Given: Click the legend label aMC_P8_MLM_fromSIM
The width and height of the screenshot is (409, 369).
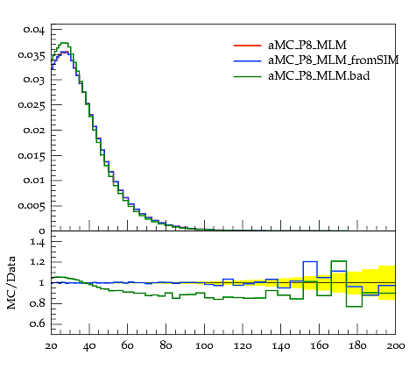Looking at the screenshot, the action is (x=333, y=60).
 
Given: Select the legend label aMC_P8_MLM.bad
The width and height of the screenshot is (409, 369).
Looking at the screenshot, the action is (x=319, y=75).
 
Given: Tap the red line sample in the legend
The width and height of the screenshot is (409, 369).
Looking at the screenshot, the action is (x=247, y=46).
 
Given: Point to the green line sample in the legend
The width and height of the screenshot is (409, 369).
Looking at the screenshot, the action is (x=247, y=76).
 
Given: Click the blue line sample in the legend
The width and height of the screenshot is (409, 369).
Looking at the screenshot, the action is (x=247, y=60).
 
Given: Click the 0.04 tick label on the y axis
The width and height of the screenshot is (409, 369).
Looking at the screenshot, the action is (x=34, y=31).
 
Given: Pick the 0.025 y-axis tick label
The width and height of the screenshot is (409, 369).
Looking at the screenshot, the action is (x=32, y=105).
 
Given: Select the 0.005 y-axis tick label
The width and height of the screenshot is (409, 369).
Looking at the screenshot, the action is (x=32, y=206).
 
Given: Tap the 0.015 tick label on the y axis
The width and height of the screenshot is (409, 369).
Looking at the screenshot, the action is (x=32, y=156).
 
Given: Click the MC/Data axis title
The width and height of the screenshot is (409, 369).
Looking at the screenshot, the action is (x=11, y=283).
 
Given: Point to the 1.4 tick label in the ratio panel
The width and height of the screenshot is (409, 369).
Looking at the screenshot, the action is (x=38, y=242).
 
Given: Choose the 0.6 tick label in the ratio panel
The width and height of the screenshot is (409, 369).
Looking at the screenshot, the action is (x=38, y=323).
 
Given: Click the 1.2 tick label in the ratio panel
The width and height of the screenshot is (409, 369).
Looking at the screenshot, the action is (x=38, y=262).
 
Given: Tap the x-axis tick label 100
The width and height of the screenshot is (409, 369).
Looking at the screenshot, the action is (x=204, y=346).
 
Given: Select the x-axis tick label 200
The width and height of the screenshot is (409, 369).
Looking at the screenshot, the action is (x=396, y=346).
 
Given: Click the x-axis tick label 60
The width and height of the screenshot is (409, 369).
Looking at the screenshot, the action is (x=127, y=346).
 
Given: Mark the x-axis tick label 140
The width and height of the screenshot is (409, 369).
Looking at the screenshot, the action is (x=281, y=346).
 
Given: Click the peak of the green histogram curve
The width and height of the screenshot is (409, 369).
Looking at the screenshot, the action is (x=64, y=43).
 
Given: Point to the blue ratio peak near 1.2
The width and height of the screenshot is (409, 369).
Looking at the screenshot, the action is (x=310, y=261).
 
